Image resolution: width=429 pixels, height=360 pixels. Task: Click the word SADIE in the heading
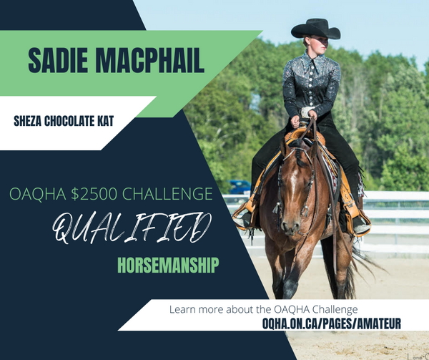click(x=58, y=60)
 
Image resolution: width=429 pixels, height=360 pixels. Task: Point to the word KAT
click(x=105, y=121)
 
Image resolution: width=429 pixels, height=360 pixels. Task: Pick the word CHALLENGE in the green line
click(x=167, y=194)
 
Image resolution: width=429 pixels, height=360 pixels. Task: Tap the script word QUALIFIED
click(x=132, y=228)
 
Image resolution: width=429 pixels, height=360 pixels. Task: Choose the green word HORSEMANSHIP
click(x=168, y=265)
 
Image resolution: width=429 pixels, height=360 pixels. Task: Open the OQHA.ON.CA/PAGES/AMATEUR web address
click(x=332, y=323)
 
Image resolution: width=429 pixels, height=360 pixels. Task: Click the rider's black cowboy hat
click(x=316, y=29)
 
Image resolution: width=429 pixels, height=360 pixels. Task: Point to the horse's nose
click(x=291, y=226)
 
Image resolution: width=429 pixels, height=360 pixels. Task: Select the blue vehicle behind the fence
click(x=240, y=187)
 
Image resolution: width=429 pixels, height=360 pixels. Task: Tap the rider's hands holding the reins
click(x=303, y=118)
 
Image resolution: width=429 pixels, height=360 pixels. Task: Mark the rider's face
click(x=319, y=45)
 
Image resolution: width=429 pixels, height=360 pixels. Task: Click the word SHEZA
click(x=28, y=121)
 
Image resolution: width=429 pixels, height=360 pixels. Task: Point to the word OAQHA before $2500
click(x=38, y=194)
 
